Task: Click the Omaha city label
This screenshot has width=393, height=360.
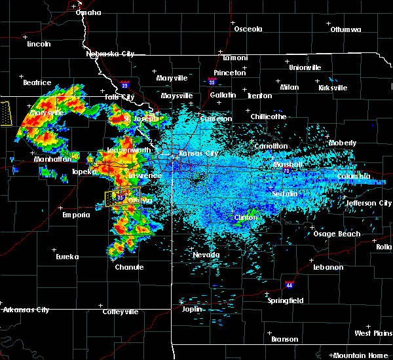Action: pos(88,12)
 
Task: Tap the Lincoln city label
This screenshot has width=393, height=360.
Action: pos(39,44)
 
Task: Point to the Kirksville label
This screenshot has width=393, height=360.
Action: pos(333,87)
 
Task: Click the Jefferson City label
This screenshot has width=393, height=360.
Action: pos(369,203)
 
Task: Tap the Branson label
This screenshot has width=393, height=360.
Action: pos(284,339)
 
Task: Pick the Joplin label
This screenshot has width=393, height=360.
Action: pos(193,308)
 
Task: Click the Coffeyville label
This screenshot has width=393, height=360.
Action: pos(120,312)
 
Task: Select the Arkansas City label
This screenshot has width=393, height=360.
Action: pos(26,309)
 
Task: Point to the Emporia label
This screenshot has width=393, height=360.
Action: pos(76,215)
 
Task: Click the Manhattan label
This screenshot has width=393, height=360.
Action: pos(50,159)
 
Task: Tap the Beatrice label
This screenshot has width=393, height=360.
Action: pos(37,82)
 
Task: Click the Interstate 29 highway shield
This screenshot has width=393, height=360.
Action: pos(125,84)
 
